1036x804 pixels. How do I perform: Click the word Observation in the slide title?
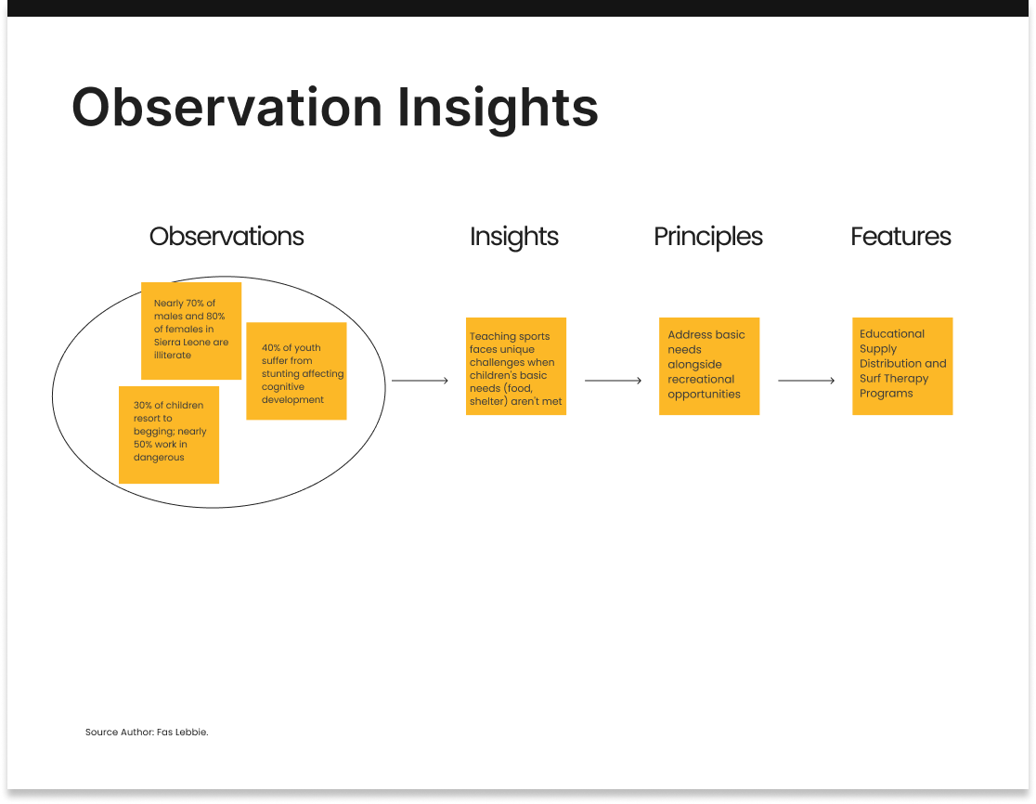227,107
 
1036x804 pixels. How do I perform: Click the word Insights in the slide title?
498,110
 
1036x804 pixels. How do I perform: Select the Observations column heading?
227,237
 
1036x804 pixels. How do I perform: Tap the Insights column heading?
514,237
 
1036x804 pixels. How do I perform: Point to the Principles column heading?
708,237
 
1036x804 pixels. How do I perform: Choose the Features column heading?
900,237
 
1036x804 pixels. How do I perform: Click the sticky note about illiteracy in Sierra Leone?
191,331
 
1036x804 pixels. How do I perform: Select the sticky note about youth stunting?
296,370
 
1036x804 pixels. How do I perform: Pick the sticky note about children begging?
168,434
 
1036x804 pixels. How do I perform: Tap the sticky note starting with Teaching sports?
516,366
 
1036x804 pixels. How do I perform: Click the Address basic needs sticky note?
709,366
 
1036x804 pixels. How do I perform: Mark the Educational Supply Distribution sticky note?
902,366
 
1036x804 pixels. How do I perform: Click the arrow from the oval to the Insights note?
420,381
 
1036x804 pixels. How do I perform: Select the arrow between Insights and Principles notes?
613,381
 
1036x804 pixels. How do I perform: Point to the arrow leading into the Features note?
806,381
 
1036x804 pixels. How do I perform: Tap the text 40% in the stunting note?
271,347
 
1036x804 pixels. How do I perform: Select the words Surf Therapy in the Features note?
894,379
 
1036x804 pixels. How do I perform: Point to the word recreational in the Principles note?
701,379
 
